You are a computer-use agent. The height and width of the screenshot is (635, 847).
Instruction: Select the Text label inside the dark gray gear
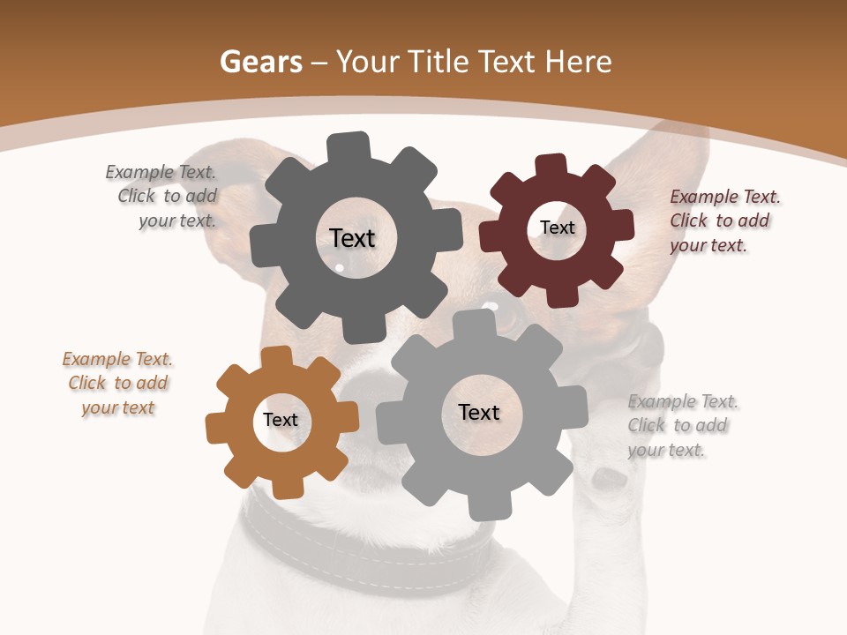tap(352, 238)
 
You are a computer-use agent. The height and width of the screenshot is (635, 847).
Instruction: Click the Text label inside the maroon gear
tap(557, 228)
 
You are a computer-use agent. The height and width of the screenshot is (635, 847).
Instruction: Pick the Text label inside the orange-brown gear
tap(281, 420)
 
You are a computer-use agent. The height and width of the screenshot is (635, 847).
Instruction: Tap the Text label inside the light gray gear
tap(479, 412)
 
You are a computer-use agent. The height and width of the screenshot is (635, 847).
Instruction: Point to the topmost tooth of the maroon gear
tap(550, 166)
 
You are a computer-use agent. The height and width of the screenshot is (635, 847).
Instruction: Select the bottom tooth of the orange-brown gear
tap(287, 488)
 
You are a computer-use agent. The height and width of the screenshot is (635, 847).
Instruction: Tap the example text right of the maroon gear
tap(723, 221)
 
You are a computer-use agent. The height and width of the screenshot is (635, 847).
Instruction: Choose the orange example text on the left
tap(117, 384)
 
